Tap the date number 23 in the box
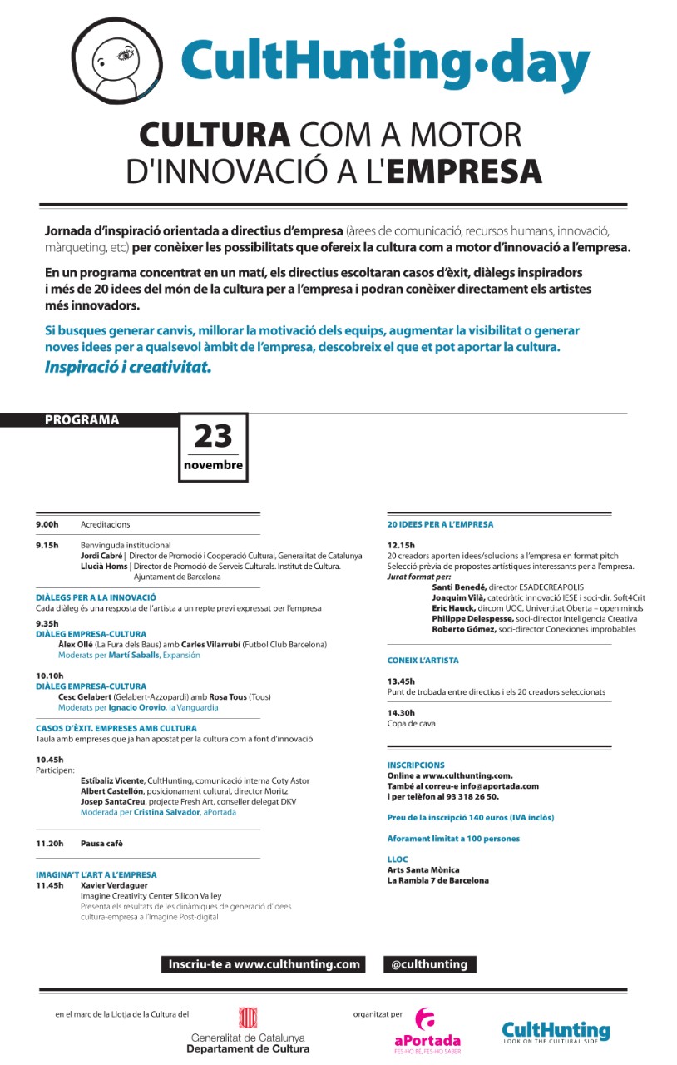coord(213,436)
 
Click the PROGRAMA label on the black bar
coord(82,420)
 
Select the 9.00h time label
coord(47,525)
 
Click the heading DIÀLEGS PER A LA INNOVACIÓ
coord(96,597)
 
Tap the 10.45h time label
coord(49,760)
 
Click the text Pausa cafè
coord(101,844)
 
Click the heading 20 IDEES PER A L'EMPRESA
coord(440,525)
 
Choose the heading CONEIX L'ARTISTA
coord(423,661)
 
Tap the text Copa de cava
coord(411,724)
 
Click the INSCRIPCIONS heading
coord(416,765)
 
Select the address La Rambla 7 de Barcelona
coord(437,880)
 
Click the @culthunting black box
coord(429,965)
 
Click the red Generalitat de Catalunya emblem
coord(248,1018)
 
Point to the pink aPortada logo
coord(427,1029)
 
